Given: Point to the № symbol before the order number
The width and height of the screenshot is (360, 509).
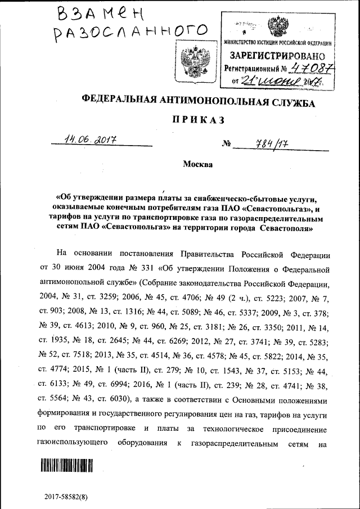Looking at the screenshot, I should click(227, 144).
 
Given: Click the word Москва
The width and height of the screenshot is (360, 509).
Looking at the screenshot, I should click(197, 165).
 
